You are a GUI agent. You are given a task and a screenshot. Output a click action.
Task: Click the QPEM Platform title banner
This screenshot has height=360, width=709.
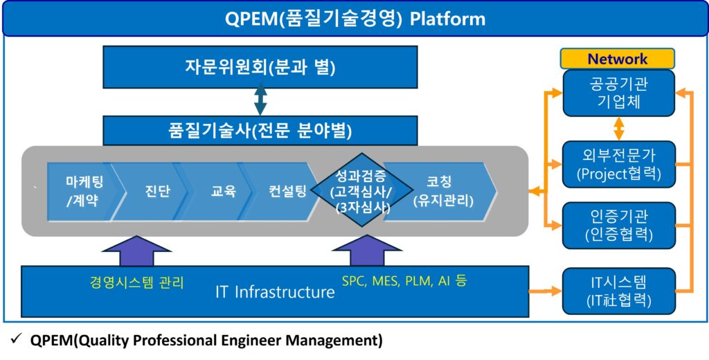(x=354, y=18)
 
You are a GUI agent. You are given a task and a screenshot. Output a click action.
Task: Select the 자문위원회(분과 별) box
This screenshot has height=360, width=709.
(x=260, y=67)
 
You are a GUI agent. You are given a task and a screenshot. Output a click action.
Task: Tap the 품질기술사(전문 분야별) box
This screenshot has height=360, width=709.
(x=260, y=130)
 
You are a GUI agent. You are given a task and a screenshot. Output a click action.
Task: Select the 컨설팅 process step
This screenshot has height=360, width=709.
(x=286, y=191)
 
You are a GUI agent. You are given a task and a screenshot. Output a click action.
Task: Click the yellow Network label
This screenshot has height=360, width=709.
(x=617, y=59)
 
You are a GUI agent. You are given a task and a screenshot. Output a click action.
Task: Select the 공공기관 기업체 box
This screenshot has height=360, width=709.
(x=618, y=93)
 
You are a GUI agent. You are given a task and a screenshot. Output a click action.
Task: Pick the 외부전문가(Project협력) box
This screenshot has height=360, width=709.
(x=618, y=163)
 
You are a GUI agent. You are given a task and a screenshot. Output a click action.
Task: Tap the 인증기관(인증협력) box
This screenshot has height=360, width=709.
(x=618, y=225)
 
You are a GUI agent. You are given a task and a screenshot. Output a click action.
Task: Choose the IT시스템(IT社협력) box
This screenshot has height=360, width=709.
(x=618, y=291)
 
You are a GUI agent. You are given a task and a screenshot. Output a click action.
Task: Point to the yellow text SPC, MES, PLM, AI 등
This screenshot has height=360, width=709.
(x=404, y=281)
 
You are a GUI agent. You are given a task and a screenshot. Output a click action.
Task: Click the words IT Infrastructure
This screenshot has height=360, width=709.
(x=275, y=292)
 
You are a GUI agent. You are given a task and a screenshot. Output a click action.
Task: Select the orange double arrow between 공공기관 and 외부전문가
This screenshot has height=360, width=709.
(x=618, y=129)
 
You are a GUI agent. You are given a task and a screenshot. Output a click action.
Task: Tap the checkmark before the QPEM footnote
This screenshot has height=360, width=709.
(x=15, y=340)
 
